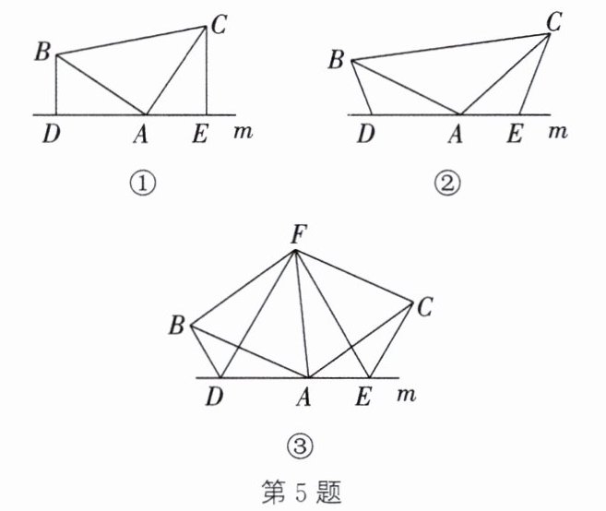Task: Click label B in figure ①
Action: coord(42,51)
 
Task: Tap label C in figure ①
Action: coord(219,25)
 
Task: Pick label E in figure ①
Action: coord(199,135)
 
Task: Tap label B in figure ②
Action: coord(336,61)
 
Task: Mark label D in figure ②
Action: coord(366,135)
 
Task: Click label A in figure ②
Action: coord(454,135)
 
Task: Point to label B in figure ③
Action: coord(175,324)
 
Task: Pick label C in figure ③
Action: coord(423,307)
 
